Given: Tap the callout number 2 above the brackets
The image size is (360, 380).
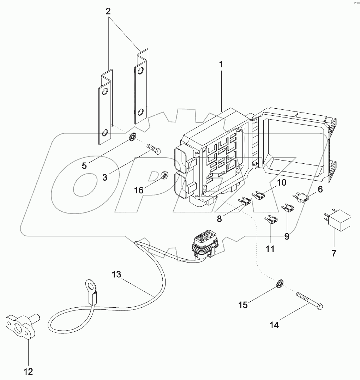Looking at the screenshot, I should click(108, 11).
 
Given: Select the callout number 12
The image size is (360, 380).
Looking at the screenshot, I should click(28, 371).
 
